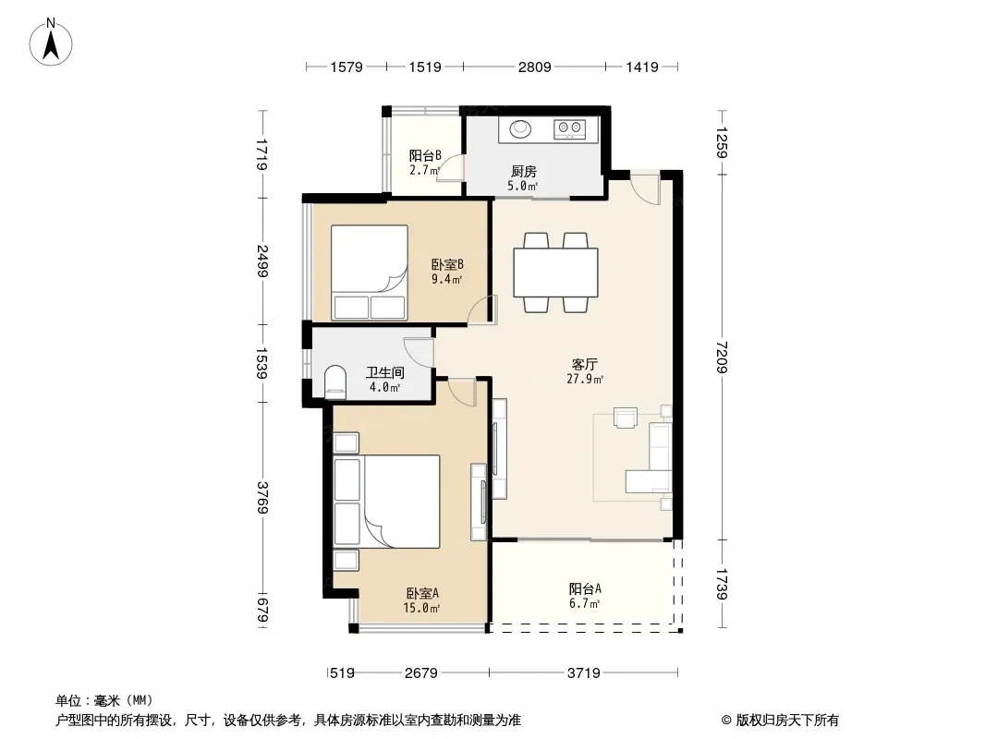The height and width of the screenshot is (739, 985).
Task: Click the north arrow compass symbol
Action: point(51,42)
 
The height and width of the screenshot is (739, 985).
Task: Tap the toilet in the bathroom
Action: point(335,382)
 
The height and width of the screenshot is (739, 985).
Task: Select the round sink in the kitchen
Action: point(520,128)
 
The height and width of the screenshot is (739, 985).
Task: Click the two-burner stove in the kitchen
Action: point(570,129)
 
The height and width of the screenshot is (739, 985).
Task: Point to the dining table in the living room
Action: point(555,273)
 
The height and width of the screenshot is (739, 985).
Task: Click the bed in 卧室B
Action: point(370,273)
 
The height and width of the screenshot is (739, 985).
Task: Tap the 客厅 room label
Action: point(584,364)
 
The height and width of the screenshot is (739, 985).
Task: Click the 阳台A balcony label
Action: point(585,589)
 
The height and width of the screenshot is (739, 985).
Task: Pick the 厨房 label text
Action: point(523,171)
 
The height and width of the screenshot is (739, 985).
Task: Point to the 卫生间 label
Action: point(385,372)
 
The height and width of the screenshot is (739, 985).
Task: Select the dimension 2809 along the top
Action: point(535,67)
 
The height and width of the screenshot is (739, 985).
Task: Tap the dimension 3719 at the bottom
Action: point(584,673)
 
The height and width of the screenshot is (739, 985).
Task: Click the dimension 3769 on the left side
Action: point(262,498)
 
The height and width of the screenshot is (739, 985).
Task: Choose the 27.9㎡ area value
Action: point(585,380)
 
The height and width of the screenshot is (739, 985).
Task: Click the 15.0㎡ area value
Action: point(420,608)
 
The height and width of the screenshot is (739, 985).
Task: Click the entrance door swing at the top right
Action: point(645,188)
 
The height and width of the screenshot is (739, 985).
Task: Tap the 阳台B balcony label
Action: point(425,155)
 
